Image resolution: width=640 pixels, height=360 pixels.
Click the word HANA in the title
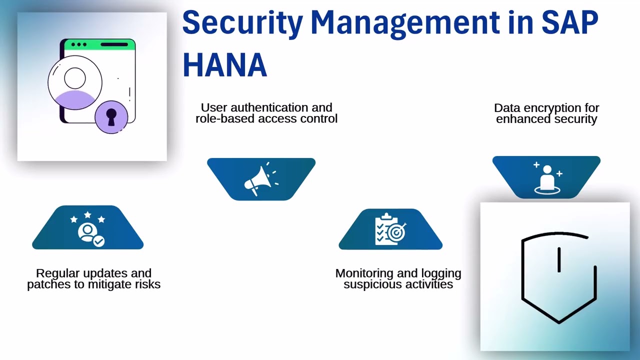(x=224, y=65)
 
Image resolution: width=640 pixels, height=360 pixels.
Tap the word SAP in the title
(x=570, y=22)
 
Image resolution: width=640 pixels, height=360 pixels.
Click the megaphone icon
(x=260, y=179)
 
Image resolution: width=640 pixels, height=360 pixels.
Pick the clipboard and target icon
(x=390, y=230)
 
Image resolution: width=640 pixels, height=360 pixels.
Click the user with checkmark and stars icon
(x=88, y=229)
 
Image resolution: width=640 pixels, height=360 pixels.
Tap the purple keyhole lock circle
(x=111, y=116)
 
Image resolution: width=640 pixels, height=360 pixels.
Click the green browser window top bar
(x=98, y=44)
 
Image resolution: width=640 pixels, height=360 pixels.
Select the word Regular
(x=56, y=273)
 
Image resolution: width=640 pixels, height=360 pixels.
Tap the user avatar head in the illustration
(x=75, y=78)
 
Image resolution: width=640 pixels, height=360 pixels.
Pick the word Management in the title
(x=405, y=22)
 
